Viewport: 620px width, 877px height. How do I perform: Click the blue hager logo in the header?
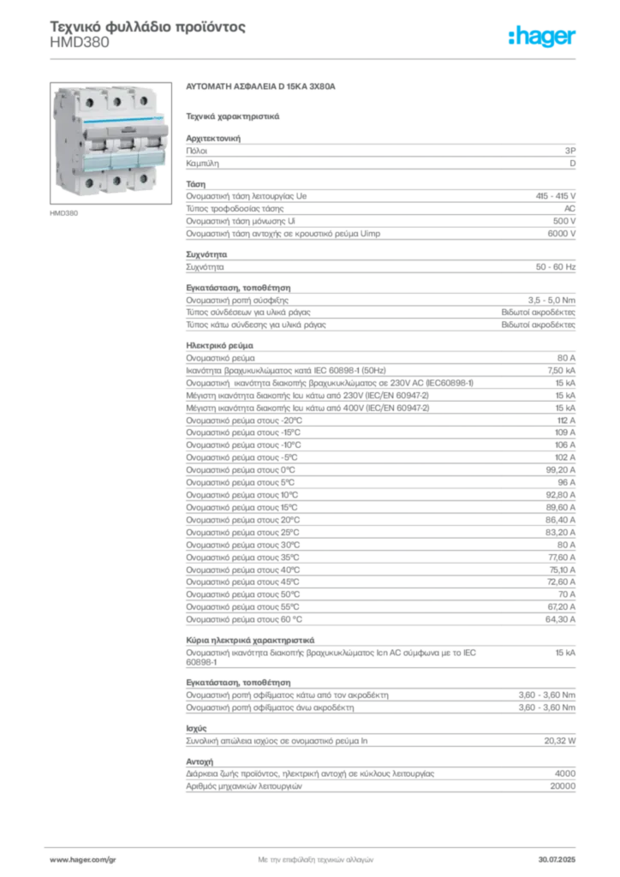tap(543, 37)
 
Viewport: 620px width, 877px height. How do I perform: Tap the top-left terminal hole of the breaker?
tap(86, 102)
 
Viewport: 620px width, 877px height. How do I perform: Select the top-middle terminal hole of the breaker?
tap(115, 101)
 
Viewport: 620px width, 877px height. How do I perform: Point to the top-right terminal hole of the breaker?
tap(143, 101)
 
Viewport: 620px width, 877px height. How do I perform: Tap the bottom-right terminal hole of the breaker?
tap(145, 177)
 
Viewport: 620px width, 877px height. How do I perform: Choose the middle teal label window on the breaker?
tap(123, 162)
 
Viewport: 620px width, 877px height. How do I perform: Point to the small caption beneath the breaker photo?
tap(64, 212)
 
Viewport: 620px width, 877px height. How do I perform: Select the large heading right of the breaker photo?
tap(264, 88)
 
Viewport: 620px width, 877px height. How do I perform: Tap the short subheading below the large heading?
tap(233, 114)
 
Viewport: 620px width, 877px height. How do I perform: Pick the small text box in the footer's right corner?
tap(562, 856)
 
